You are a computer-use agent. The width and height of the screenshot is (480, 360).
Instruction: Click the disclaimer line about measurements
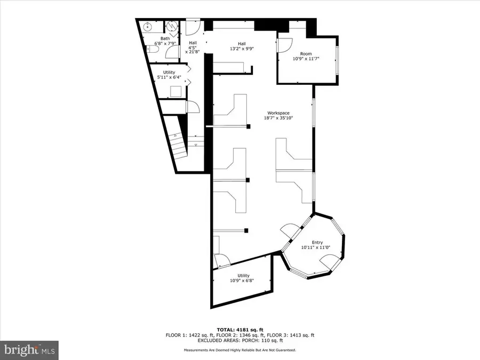[x=240, y=350]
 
